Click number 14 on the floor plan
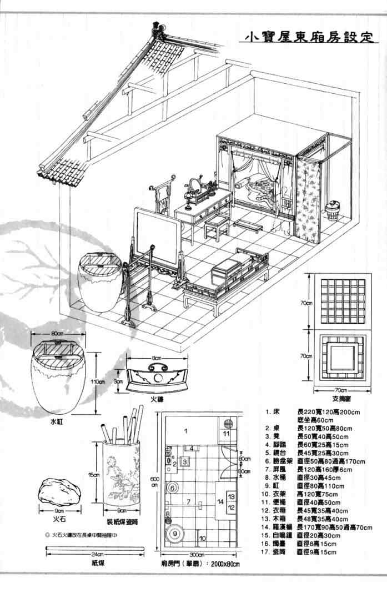click(x=221, y=502)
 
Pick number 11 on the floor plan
click(x=227, y=433)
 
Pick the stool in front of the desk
click(x=217, y=225)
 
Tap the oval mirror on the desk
click(x=196, y=184)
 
